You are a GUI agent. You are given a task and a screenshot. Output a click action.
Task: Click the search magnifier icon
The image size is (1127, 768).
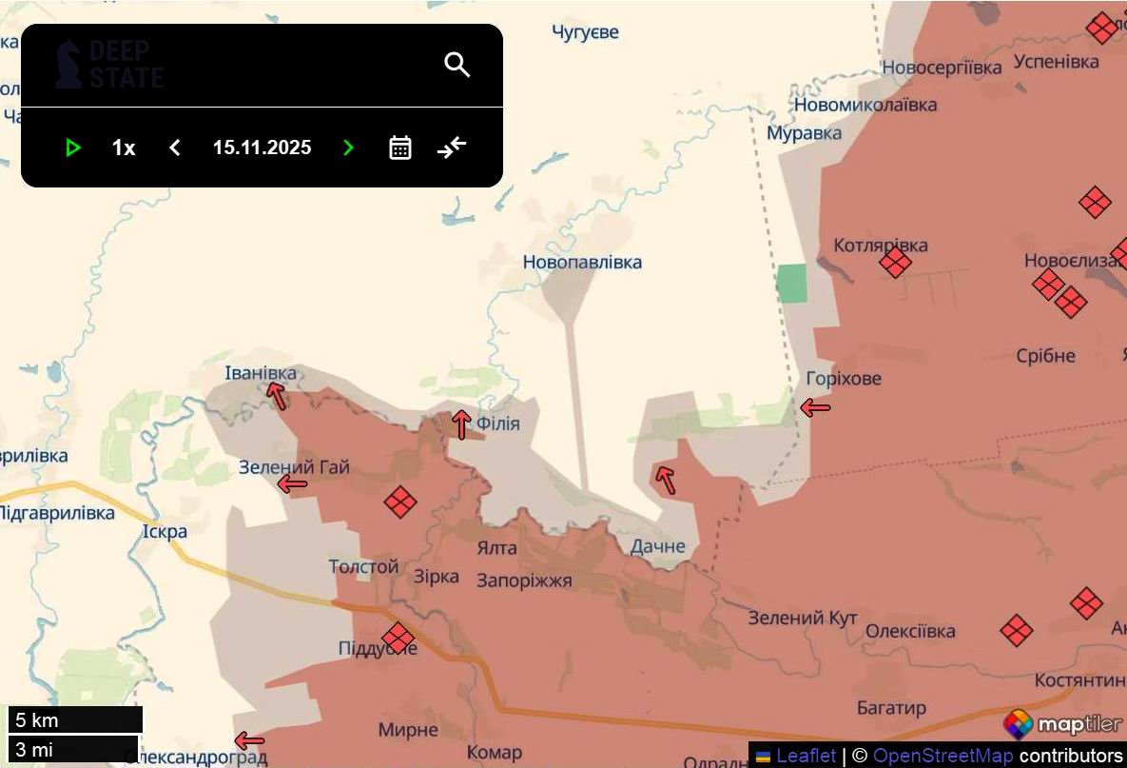457,65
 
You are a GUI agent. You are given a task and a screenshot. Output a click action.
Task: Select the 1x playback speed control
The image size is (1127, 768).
124,148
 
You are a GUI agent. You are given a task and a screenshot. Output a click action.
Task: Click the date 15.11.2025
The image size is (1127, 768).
262,148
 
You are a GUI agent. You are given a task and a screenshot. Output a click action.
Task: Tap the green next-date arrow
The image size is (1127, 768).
348,148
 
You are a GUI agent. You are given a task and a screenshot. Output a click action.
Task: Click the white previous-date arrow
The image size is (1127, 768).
175,148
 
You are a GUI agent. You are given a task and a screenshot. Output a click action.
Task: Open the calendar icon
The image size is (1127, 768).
400,148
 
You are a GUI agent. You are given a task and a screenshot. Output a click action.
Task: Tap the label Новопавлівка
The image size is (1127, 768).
582,262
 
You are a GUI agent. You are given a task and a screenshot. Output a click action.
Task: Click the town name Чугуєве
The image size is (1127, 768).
585,32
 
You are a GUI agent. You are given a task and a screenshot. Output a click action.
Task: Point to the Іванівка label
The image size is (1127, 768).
261,373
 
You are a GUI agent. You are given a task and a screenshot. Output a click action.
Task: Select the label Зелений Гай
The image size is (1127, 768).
294,467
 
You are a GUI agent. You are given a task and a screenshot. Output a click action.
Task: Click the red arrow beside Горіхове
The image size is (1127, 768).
815,408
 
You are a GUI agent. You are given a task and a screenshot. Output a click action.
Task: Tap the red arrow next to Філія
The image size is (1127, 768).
461,423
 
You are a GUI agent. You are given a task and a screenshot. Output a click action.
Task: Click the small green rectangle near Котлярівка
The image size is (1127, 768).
791,284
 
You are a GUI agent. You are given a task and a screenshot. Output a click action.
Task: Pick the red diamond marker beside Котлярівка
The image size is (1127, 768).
895,263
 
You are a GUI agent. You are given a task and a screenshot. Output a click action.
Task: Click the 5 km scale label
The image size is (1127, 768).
38,719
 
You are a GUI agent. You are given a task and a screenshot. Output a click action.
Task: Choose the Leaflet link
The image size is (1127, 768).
806,756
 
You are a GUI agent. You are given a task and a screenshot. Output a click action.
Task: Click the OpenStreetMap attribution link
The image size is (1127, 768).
942,756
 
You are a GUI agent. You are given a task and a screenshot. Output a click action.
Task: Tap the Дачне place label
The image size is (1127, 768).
657,546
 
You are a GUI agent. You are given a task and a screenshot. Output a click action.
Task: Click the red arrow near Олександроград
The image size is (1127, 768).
249,740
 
